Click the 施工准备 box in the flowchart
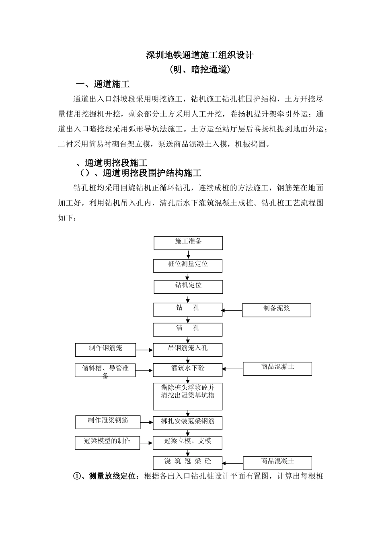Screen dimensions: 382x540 point(188,243)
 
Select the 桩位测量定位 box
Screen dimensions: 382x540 point(188,266)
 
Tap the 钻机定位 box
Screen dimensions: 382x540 point(188,286)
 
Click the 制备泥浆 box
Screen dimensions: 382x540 point(276,310)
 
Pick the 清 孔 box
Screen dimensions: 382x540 point(188,329)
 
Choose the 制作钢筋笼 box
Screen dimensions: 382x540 point(105,350)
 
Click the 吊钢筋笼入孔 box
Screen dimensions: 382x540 point(188,350)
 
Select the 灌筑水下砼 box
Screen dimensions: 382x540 point(188,370)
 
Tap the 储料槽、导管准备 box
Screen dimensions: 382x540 point(105,370)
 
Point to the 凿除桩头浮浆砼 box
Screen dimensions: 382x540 point(188,396)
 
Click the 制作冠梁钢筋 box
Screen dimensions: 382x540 point(108,422)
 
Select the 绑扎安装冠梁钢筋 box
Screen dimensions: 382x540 point(188,423)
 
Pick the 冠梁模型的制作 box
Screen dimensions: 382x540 point(107,443)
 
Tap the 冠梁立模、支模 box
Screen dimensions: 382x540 point(188,442)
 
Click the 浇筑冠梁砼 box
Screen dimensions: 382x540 point(188,462)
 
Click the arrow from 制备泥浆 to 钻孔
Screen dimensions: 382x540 point(232,310)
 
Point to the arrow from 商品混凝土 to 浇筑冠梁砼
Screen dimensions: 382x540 point(233,463)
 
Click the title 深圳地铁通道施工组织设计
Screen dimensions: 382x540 point(200,55)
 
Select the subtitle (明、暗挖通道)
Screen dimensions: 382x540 point(200,70)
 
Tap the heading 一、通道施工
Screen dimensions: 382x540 point(103,84)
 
